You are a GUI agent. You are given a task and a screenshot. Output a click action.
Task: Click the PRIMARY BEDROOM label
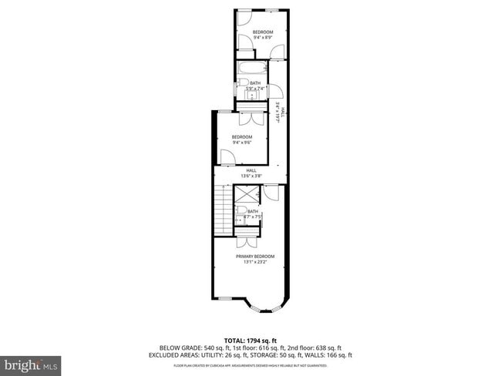254,257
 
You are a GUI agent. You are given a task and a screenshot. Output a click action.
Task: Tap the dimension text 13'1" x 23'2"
254,262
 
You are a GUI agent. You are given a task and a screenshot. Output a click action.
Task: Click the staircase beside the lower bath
224,210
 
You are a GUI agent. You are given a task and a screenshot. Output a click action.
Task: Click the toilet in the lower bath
241,210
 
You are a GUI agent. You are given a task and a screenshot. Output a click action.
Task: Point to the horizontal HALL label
251,170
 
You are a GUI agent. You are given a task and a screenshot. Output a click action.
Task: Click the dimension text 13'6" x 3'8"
251,176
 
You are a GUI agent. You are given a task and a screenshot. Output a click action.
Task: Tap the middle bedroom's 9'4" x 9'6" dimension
243,143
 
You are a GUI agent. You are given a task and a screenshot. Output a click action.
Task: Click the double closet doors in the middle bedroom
250,119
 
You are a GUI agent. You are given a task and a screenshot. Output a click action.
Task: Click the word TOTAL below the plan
235,340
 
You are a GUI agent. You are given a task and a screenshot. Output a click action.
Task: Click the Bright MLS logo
31,363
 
